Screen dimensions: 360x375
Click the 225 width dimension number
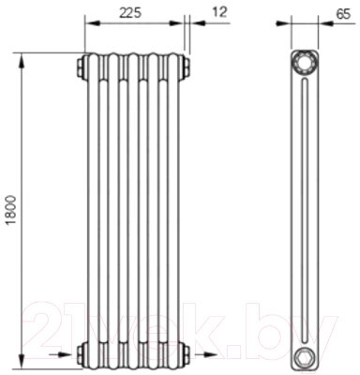point(131,13)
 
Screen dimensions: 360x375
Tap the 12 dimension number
point(219,12)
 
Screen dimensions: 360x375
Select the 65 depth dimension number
point(343,14)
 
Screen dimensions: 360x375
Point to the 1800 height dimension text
point(11,210)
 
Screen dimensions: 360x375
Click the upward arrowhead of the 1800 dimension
point(22,60)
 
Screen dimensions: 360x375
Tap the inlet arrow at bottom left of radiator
point(61,354)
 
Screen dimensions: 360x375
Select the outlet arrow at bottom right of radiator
point(206,354)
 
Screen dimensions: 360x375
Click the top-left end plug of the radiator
point(82,67)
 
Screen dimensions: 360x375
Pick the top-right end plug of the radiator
point(185,67)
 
